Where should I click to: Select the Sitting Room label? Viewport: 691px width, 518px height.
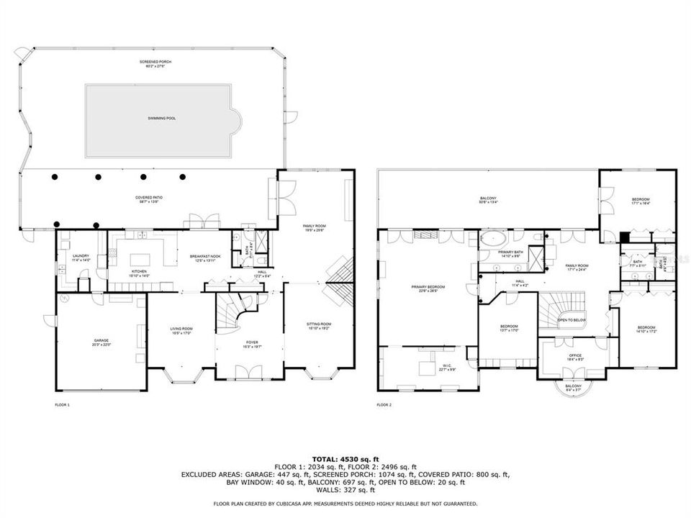point(320,326)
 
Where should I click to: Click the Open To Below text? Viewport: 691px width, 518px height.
point(572,320)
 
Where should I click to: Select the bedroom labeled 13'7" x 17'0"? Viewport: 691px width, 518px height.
point(510,328)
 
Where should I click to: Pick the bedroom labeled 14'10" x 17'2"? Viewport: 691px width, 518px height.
point(645,330)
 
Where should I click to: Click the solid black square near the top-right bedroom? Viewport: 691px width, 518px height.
point(625,237)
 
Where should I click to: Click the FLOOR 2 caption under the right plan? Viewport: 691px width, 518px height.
point(384,405)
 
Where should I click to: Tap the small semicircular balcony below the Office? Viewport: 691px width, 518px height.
point(574,389)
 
